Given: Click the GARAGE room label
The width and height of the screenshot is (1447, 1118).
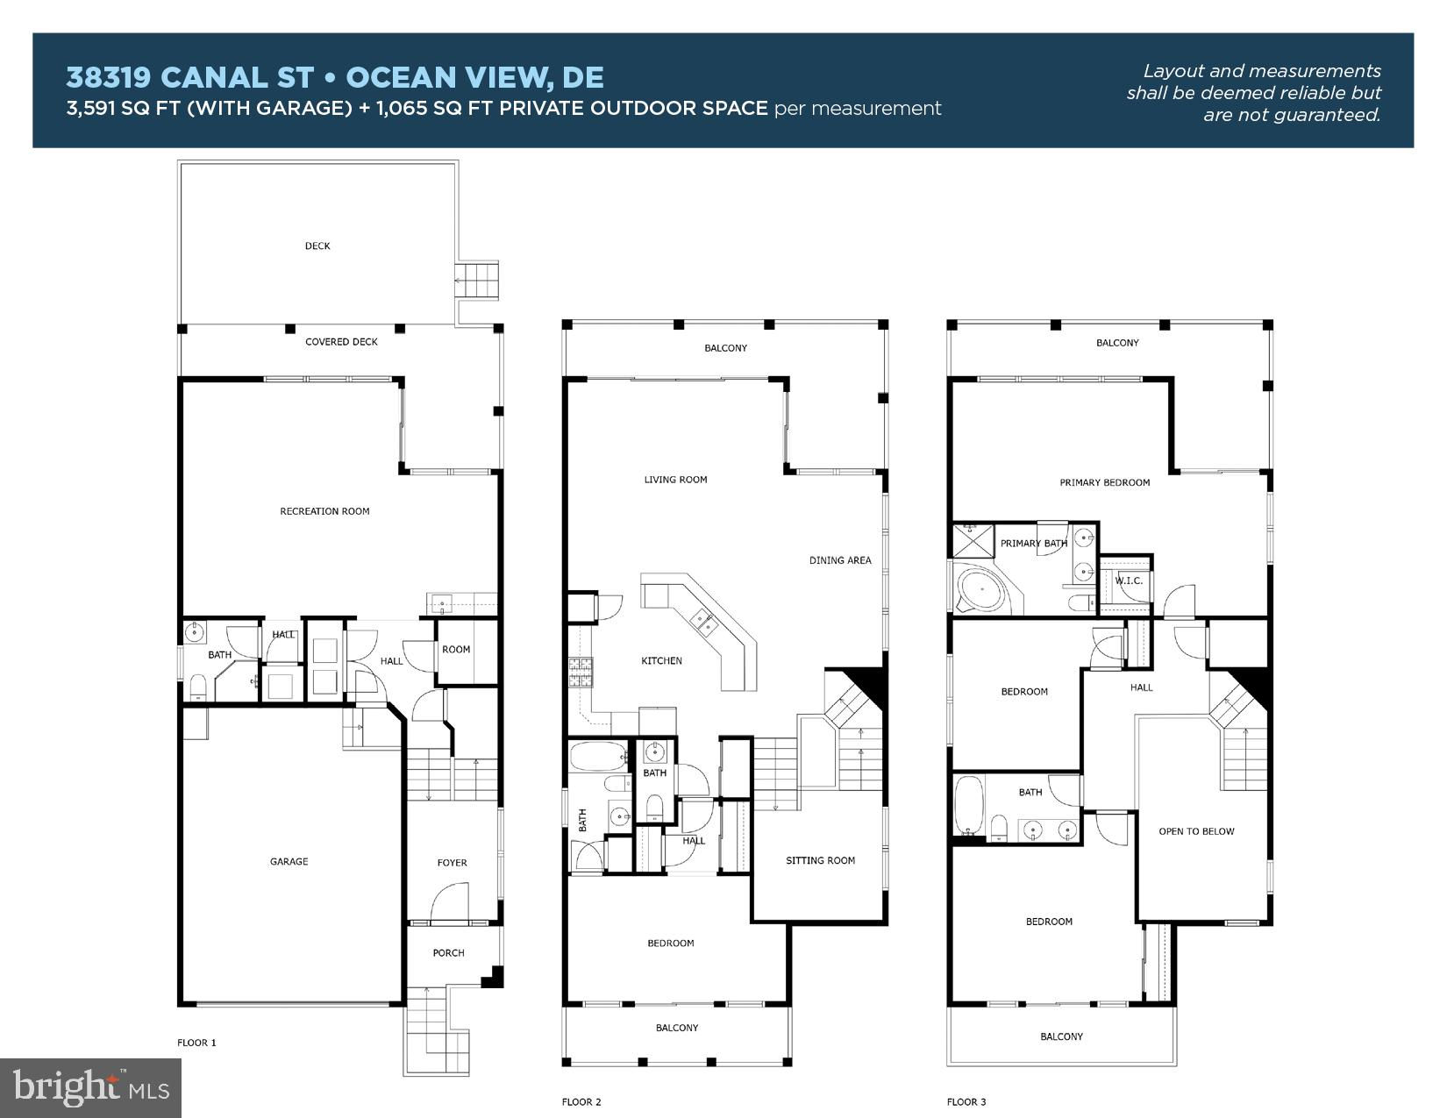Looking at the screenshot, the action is click(x=289, y=862).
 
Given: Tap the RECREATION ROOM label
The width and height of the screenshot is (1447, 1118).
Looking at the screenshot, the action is click(x=324, y=511).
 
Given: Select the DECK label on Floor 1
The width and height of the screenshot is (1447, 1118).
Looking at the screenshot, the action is click(x=317, y=246).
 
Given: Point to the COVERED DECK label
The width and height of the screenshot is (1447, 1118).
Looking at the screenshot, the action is click(x=341, y=342).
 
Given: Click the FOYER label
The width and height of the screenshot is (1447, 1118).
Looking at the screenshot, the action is click(x=453, y=863).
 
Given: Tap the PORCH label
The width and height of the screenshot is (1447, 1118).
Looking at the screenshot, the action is click(x=449, y=953).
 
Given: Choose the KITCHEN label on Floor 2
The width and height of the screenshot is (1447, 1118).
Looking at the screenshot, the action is click(x=661, y=660).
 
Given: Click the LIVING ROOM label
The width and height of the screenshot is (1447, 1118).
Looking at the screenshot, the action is click(x=675, y=480).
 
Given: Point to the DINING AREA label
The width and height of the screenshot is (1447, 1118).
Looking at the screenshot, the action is click(x=840, y=560).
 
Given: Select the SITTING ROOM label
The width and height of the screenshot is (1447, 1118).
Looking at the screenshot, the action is click(x=820, y=860).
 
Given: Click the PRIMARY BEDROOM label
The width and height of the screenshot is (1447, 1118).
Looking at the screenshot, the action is click(x=1105, y=483).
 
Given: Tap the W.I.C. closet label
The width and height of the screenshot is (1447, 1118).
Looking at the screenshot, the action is click(x=1129, y=580).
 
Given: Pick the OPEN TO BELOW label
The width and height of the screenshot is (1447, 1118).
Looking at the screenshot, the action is click(x=1196, y=831).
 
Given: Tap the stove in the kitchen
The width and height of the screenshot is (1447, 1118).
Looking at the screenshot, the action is click(x=580, y=673).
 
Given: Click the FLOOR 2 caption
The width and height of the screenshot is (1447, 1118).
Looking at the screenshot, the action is click(x=581, y=1102).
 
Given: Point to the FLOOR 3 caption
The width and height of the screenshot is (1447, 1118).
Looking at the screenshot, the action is click(x=966, y=1102).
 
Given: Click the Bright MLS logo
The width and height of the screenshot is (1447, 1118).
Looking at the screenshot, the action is click(x=90, y=1087).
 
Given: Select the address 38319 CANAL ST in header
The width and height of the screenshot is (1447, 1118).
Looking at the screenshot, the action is click(x=189, y=77).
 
